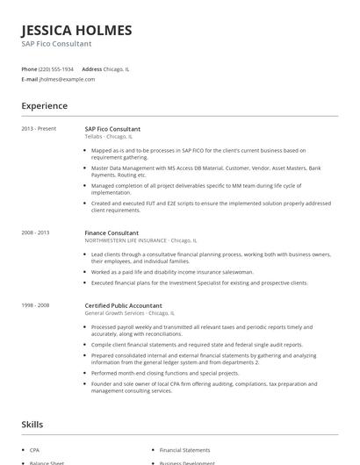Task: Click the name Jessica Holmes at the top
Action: click(76, 30)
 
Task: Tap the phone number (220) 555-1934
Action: click(56, 68)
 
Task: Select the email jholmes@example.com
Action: click(67, 79)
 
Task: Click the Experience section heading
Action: click(44, 106)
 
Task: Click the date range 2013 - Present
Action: click(38, 129)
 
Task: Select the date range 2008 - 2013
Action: click(35, 232)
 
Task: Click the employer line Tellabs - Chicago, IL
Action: click(108, 137)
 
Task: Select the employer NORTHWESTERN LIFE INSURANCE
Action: click(126, 240)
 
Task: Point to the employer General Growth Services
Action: click(116, 312)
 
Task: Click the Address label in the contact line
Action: click(91, 68)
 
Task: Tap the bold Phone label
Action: click(29, 68)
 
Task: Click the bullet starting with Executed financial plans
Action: click(199, 283)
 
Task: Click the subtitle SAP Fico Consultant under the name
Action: click(56, 44)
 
